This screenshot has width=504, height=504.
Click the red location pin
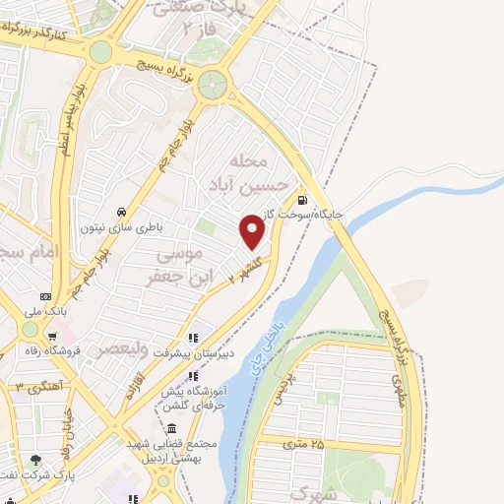[x=253, y=231]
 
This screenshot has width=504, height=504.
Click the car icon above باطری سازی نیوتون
[x=120, y=213]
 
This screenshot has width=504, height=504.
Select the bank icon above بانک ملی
[x=44, y=295]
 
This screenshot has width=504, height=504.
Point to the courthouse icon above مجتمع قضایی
[x=172, y=430]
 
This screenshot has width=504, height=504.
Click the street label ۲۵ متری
[x=302, y=445]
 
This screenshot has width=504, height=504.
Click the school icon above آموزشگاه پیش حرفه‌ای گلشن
[x=195, y=375]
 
